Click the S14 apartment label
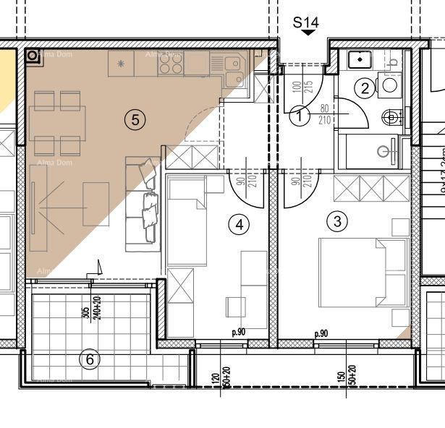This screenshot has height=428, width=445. click(x=305, y=23)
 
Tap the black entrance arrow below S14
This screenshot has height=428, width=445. click(x=309, y=33)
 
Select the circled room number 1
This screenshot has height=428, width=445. click(x=300, y=114)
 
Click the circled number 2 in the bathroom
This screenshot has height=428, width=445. click(x=364, y=89)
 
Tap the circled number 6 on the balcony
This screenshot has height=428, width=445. click(x=89, y=359)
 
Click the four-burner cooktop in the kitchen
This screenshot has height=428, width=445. click(x=170, y=65)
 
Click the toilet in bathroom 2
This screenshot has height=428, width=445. click(x=391, y=116)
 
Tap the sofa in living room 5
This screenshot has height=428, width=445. click(x=143, y=204)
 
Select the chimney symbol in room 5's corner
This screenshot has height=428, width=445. click(x=33, y=56)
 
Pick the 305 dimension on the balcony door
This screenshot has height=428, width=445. click(x=85, y=312)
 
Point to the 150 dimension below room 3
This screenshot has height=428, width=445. click(x=340, y=377)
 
